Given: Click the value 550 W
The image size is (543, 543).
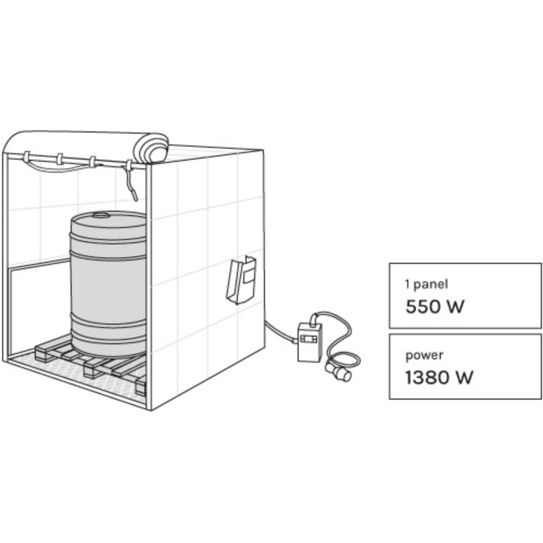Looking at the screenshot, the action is [x=434, y=306].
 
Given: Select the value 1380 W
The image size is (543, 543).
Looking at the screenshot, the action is [x=439, y=377].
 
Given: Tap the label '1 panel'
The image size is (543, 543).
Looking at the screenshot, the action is [x=426, y=285].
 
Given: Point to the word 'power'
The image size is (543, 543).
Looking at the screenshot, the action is [x=424, y=356].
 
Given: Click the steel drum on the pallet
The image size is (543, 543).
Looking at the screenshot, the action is [x=108, y=284].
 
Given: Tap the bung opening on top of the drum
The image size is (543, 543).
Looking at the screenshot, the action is [x=101, y=216].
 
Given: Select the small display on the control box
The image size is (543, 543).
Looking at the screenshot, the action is [x=307, y=338].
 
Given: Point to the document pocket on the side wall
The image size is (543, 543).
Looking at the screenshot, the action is [x=241, y=280].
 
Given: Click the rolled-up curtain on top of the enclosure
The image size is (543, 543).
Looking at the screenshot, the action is [x=151, y=148].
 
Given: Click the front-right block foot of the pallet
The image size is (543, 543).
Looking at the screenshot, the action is [x=140, y=386].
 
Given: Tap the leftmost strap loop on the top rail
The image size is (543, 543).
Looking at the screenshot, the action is [x=27, y=157].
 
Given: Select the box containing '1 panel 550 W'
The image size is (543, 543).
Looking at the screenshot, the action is [x=465, y=296].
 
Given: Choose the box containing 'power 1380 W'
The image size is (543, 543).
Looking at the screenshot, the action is [x=465, y=367].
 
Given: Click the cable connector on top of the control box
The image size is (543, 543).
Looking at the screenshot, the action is [x=314, y=319].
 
